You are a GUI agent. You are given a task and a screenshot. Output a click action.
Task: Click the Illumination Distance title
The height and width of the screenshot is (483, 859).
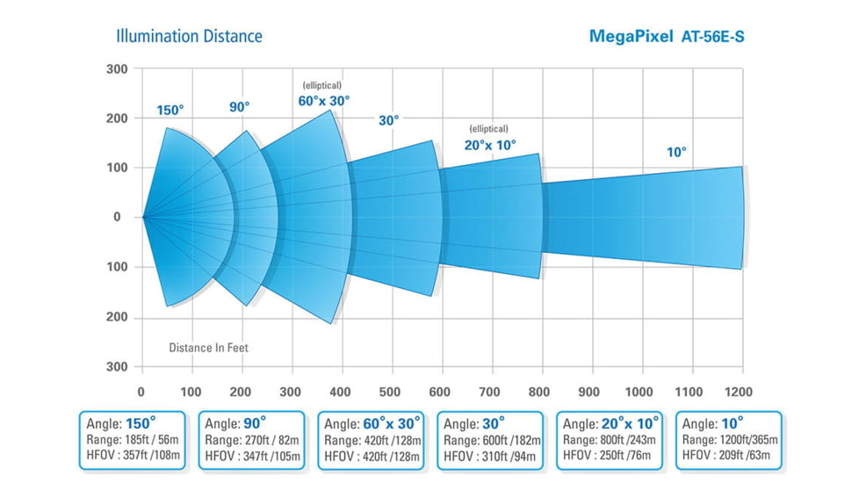[x=189, y=36]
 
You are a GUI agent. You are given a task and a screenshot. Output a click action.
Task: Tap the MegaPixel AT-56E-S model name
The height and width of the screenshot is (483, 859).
[x=668, y=37]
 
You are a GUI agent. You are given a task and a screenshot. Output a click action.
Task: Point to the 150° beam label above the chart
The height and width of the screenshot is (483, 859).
[x=170, y=110]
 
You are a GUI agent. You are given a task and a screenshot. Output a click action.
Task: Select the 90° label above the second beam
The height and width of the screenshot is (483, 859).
[x=239, y=106]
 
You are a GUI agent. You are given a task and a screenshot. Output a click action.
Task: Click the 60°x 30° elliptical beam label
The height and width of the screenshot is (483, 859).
[x=323, y=100]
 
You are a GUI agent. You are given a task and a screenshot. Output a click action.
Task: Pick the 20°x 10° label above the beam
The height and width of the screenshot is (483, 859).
[x=490, y=145]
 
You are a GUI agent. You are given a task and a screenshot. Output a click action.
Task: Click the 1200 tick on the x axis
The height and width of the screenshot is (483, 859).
[x=742, y=392]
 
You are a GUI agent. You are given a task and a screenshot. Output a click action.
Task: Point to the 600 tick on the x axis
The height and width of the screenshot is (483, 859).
[x=442, y=392]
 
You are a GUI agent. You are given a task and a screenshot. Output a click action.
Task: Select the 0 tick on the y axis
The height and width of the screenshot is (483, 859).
[x=117, y=217]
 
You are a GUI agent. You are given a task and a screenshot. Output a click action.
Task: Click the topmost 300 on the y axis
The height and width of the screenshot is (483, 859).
[x=117, y=69]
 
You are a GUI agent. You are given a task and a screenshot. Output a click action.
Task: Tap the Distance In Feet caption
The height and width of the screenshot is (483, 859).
[x=208, y=348]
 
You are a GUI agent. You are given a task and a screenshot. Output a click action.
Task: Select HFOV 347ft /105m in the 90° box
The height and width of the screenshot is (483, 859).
[x=251, y=456]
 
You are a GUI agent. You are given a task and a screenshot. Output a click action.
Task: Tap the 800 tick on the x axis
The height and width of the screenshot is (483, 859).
[x=542, y=392]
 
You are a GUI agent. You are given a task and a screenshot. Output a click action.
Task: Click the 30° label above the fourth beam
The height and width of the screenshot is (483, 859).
[x=388, y=120]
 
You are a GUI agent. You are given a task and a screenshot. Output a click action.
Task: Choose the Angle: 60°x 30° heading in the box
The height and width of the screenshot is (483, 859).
[x=372, y=422]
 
